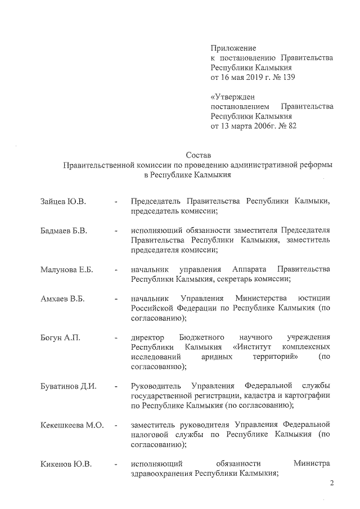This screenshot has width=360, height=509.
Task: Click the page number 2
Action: [x=332, y=483]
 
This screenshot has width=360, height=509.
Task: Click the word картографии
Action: [x=308, y=395]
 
